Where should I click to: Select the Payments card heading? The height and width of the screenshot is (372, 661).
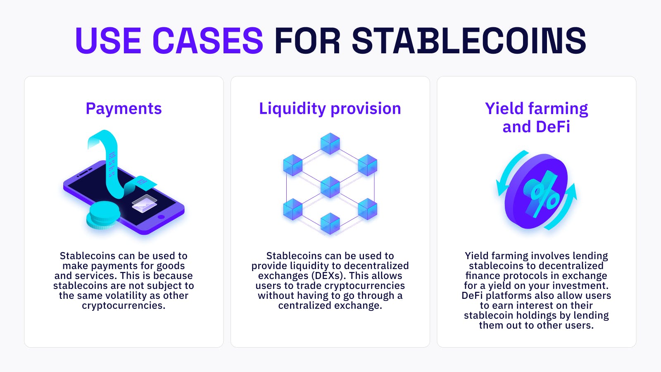click(124, 109)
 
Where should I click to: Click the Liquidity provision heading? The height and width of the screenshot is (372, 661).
click(330, 109)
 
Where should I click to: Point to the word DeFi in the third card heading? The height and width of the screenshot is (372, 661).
click(553, 127)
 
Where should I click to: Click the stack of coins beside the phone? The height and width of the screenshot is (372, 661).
click(103, 215)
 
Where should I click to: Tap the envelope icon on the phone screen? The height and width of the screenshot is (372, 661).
click(144, 203)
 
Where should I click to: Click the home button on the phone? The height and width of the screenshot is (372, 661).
click(161, 217)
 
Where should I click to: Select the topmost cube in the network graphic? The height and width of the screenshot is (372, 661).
click(330, 143)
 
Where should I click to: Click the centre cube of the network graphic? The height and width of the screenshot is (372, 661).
click(330, 187)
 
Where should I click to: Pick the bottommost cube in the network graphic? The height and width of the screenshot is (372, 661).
click(330, 224)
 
